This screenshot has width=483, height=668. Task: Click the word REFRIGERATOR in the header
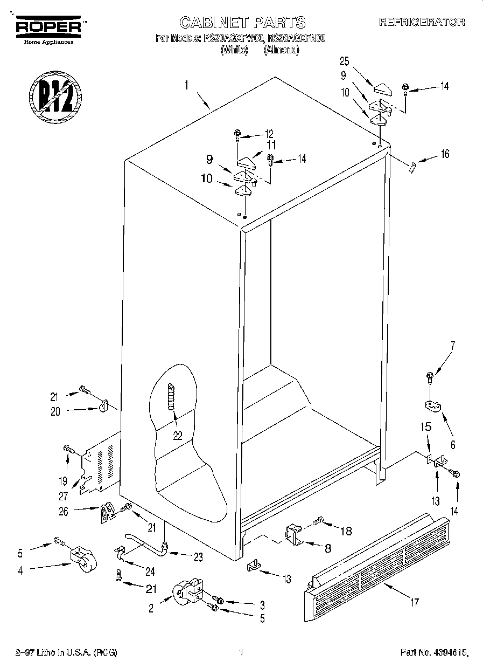[x=422, y=23]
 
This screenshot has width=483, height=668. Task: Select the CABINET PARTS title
[x=242, y=23]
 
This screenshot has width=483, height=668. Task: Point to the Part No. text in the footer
[x=433, y=653]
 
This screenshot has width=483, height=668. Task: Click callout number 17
[x=414, y=602]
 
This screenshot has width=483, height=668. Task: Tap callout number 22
[x=177, y=436]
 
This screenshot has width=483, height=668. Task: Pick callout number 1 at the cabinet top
[x=186, y=85]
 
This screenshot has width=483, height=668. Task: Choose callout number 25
[x=345, y=61]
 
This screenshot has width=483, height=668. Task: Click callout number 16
[x=444, y=154]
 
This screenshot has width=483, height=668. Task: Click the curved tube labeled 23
[x=144, y=543]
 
